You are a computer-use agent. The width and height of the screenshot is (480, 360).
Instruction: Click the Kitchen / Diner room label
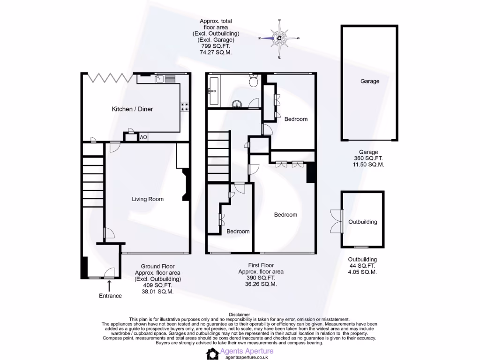coord(132,109)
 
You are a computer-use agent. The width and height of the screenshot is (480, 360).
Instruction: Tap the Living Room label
coord(147,199)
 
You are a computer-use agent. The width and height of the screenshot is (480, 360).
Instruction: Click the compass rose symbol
coord(280,38)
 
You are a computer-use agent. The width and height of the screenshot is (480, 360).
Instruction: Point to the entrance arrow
coord(110,286)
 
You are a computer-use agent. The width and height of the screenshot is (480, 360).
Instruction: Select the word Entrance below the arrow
coord(110,296)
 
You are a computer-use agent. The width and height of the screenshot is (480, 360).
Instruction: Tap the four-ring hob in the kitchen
coord(185,107)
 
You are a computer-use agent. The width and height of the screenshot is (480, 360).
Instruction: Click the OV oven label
coord(143,137)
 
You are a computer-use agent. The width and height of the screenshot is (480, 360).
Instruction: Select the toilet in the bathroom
coord(254,82)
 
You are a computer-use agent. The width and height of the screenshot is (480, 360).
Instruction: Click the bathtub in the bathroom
coord(214,91)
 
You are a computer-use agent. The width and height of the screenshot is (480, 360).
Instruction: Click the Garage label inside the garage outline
coord(370,81)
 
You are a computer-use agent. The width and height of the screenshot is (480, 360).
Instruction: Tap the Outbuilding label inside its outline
coord(362,222)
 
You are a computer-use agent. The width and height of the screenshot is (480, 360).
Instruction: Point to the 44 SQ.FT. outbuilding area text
coord(362,265)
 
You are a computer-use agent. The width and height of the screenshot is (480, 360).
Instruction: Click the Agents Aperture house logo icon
coord(213,353)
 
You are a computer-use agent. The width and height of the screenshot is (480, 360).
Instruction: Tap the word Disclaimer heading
coord(240,314)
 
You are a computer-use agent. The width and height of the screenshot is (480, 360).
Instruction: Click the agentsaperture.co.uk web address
coord(247,357)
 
